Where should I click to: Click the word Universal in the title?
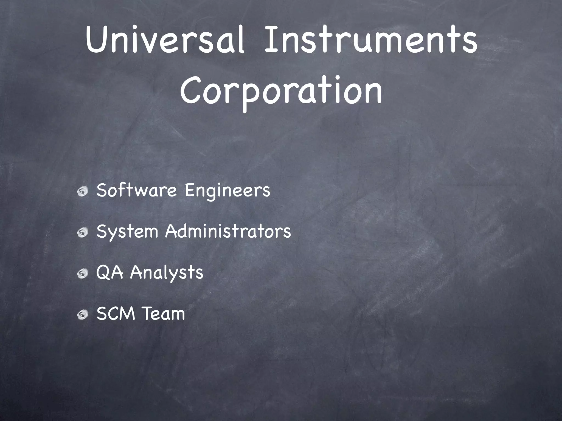[x=165, y=41]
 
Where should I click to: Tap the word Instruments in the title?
[x=370, y=41]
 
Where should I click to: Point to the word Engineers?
[x=227, y=191]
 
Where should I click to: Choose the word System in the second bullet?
[x=127, y=232]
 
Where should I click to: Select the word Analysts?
[x=166, y=273]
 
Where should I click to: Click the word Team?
[x=164, y=314]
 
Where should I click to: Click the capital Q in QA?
[x=103, y=273]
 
